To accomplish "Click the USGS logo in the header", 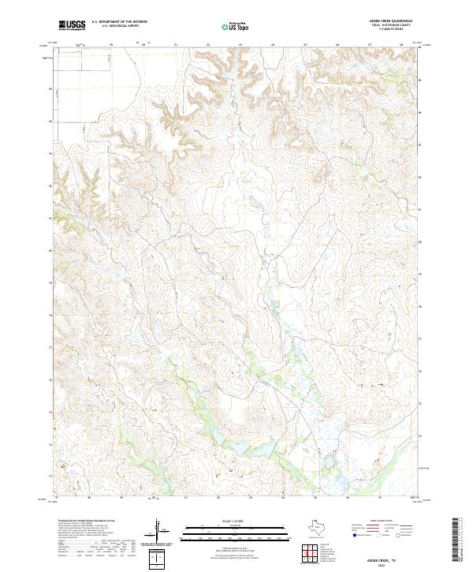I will coord(72,25).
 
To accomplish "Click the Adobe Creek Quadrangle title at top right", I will coord(391,21).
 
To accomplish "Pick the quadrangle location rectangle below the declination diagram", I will coord(158,559).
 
